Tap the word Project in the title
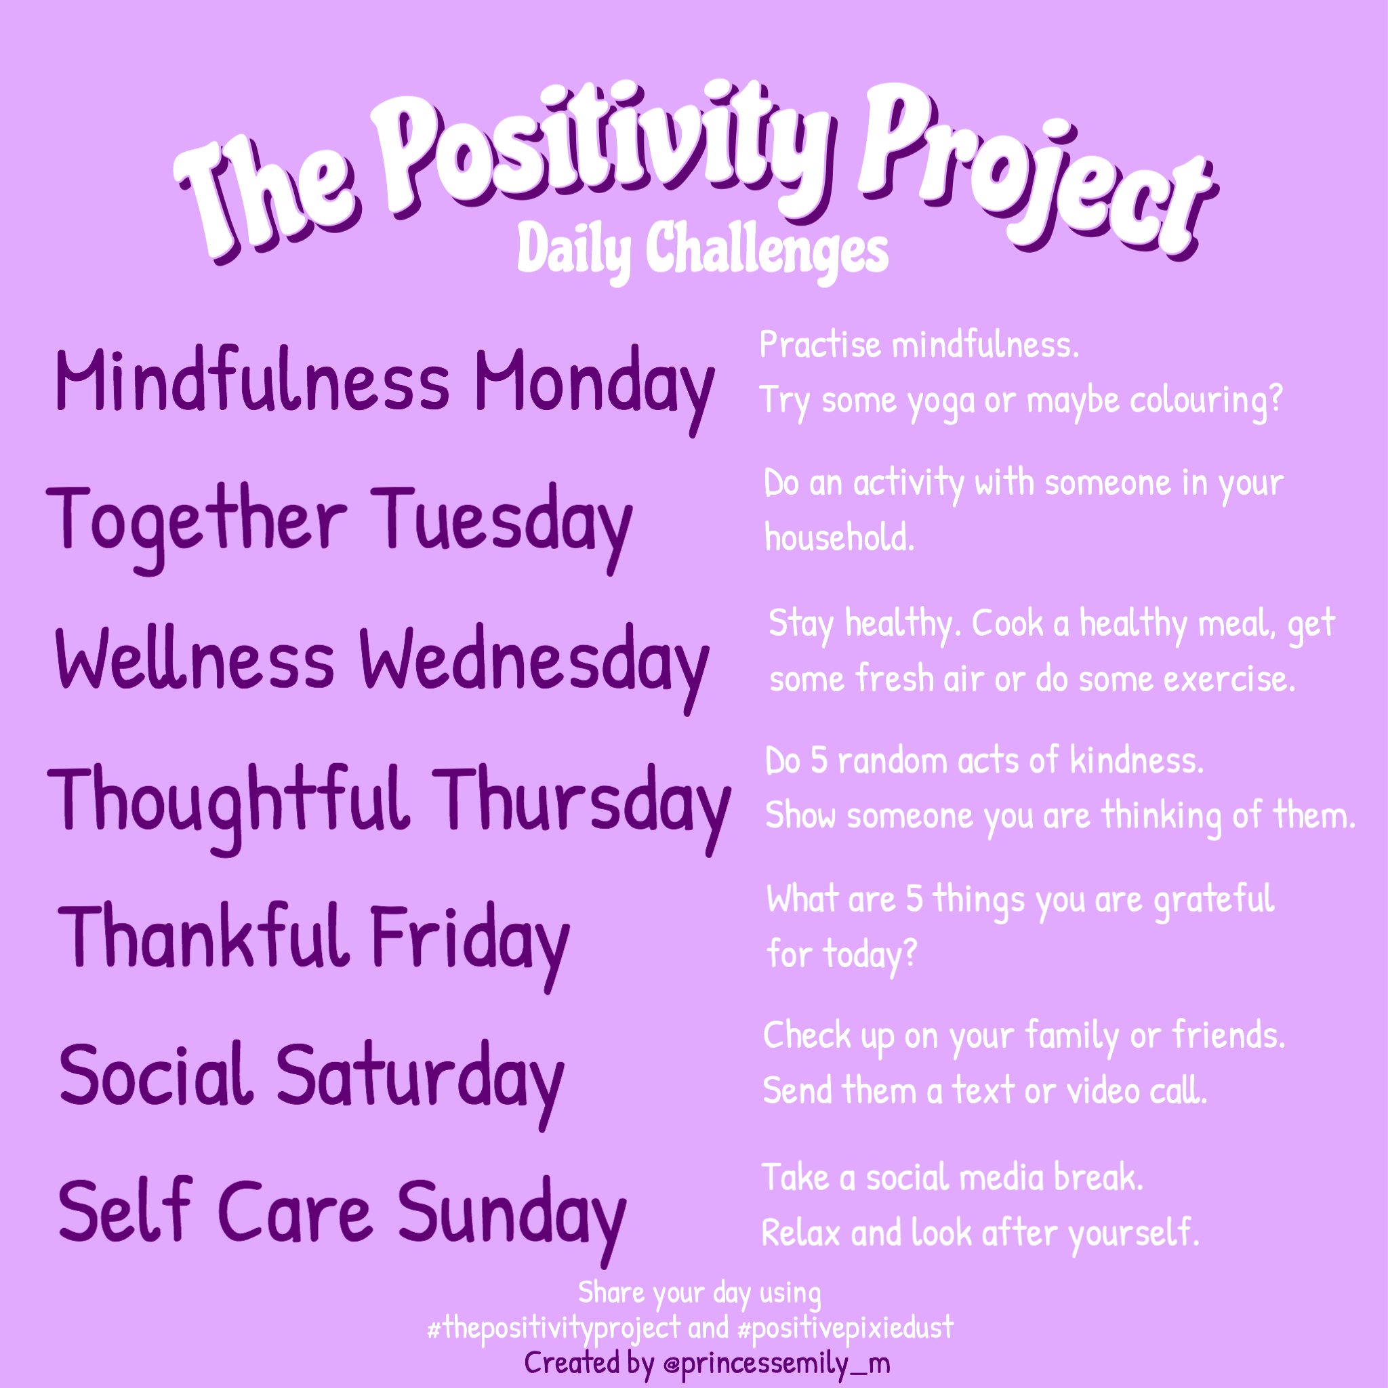[x=1034, y=172]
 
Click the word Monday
[x=594, y=384]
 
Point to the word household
[x=839, y=537]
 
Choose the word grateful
[x=1214, y=900]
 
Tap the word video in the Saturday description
[x=1103, y=1091]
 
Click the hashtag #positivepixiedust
[x=846, y=1328]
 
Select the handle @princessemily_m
[x=777, y=1363]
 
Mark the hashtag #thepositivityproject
[x=553, y=1328]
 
